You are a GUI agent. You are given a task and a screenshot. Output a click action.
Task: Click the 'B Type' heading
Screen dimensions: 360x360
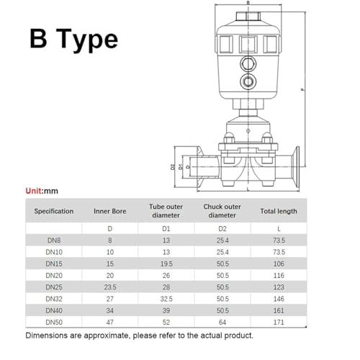tap(74, 39)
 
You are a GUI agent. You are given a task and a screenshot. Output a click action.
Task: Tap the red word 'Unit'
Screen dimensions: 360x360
tap(34, 191)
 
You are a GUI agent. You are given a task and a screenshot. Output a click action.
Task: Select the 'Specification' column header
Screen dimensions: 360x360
tap(54, 211)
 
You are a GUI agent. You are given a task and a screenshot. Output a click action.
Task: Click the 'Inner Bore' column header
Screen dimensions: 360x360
tap(110, 211)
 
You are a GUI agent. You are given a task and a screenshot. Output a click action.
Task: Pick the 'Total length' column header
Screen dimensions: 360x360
tap(279, 211)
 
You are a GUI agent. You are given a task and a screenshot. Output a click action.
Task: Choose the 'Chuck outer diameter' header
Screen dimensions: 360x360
tap(222, 211)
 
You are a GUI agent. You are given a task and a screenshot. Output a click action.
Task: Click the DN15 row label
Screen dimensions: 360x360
tap(54, 264)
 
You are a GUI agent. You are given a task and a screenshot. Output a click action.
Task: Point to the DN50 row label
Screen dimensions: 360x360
tap(54, 323)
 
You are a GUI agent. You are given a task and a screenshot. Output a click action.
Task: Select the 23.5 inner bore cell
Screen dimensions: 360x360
tap(110, 287)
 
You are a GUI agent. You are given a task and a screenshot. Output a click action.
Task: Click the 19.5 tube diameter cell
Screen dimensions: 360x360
tap(166, 264)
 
